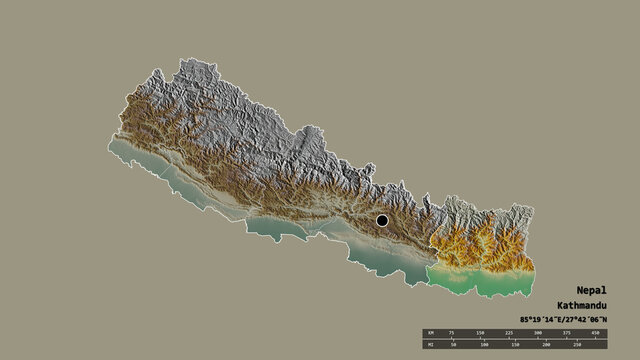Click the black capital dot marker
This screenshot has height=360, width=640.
tap(382, 220)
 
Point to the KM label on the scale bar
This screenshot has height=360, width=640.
tap(430, 333)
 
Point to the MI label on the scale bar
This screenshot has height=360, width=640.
tap(430, 344)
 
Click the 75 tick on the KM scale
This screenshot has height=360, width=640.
tap(451, 333)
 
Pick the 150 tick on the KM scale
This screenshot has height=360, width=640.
tap(480, 333)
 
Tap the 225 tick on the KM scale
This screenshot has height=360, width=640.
tap(509, 333)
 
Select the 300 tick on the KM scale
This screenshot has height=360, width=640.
tap(538, 333)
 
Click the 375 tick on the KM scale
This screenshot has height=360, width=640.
tap(567, 333)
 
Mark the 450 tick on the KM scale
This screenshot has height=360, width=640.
tap(596, 333)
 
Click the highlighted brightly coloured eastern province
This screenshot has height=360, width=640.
tap(480, 255)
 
